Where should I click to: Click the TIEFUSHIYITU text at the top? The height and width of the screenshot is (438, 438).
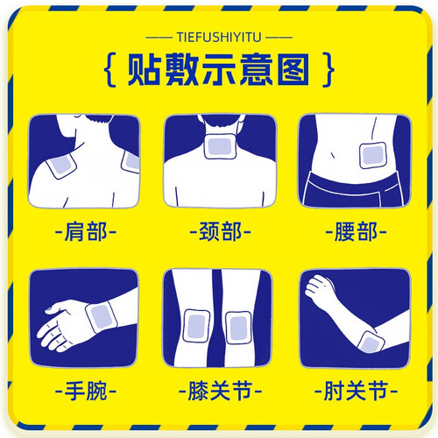click(x=219, y=38)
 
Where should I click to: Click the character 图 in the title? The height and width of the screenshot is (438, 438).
click(x=293, y=69)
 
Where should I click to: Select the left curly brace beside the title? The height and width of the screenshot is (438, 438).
click(x=110, y=69)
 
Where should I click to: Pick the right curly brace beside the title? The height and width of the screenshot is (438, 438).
click(x=328, y=69)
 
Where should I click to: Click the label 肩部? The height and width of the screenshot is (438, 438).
click(x=86, y=232)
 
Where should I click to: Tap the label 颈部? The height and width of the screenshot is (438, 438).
click(x=220, y=232)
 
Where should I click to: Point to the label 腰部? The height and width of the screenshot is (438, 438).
click(x=356, y=232)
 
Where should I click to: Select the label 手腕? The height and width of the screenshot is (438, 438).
click(x=86, y=391)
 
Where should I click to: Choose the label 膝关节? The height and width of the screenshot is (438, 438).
click(x=220, y=391)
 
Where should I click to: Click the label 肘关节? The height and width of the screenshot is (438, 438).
click(x=356, y=391)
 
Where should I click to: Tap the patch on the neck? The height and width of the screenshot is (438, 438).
click(x=220, y=147)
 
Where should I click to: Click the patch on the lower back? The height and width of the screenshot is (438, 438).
click(x=373, y=156)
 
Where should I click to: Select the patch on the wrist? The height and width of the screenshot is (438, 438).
click(x=102, y=317)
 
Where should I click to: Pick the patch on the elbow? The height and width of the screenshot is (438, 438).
click(x=371, y=343)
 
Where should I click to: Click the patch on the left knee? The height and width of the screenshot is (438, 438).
click(x=196, y=326)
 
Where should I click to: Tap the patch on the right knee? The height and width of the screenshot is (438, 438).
click(x=238, y=328)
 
